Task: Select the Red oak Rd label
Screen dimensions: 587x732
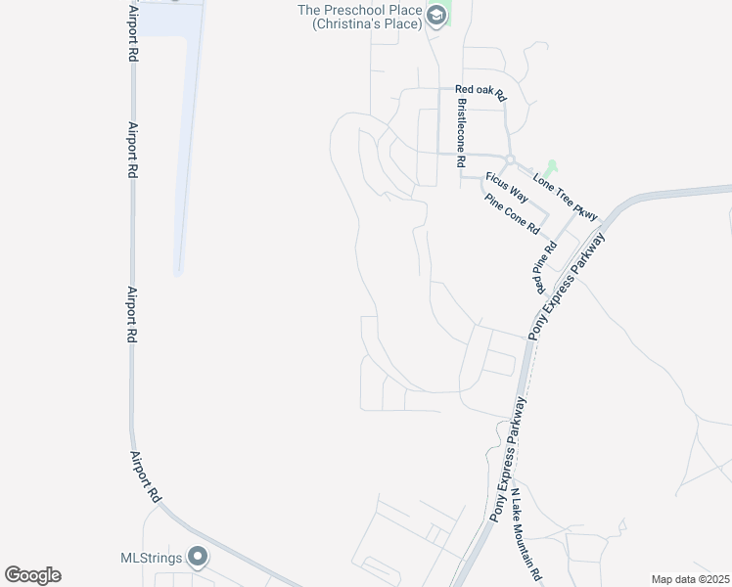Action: click(x=480, y=93)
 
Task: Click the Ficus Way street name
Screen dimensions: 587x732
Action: click(x=507, y=187)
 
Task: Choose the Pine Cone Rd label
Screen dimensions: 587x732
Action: click(x=512, y=212)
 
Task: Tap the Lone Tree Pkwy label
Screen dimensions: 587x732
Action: click(x=565, y=195)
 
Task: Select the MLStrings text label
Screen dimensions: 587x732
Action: click(x=151, y=558)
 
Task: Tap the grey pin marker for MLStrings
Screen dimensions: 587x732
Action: click(x=199, y=557)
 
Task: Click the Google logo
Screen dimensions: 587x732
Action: click(x=32, y=575)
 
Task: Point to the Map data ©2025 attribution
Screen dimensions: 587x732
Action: click(x=690, y=579)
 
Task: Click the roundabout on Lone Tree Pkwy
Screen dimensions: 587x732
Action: click(x=509, y=159)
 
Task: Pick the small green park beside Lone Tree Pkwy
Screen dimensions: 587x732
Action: click(x=551, y=168)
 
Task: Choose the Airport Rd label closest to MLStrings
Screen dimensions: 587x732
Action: click(x=144, y=475)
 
